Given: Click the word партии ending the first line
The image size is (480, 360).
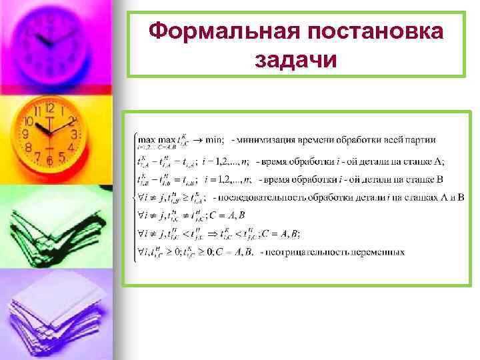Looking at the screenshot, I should pos(420,140).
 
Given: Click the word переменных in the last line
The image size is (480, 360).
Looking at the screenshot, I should pos(376,252).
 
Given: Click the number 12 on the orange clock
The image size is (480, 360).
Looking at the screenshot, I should pos(49,109).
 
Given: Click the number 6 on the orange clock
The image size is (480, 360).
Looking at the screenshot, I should pos(49,160).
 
